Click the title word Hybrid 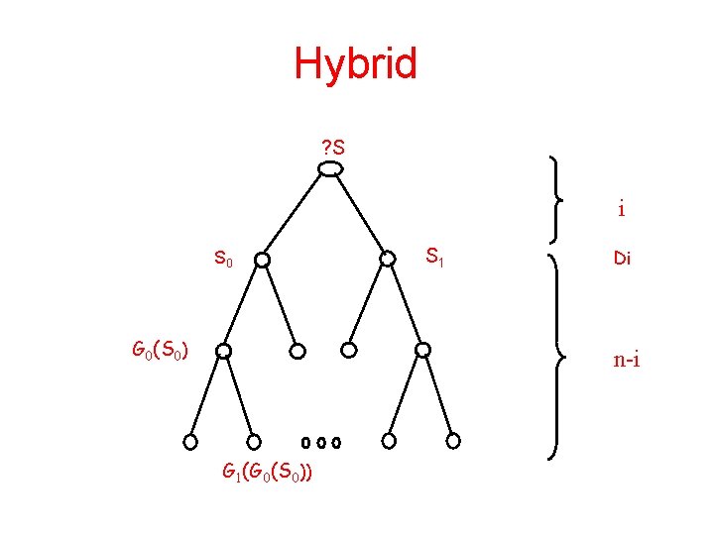pyautogui.click(x=356, y=65)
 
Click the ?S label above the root pyautogui.click(x=333, y=149)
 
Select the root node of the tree pyautogui.click(x=330, y=169)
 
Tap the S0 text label pyautogui.click(x=224, y=261)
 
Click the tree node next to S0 pyautogui.click(x=261, y=260)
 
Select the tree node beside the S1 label pyautogui.click(x=388, y=260)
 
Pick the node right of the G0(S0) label pyautogui.click(x=224, y=351)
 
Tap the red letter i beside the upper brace pyautogui.click(x=621, y=210)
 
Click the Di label pyautogui.click(x=622, y=260)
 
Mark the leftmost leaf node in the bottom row pyautogui.click(x=191, y=441)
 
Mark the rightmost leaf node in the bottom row pyautogui.click(x=453, y=441)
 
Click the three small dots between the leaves pyautogui.click(x=321, y=441)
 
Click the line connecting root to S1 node pyautogui.click(x=359, y=216)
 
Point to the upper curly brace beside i pyautogui.click(x=557, y=198)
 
